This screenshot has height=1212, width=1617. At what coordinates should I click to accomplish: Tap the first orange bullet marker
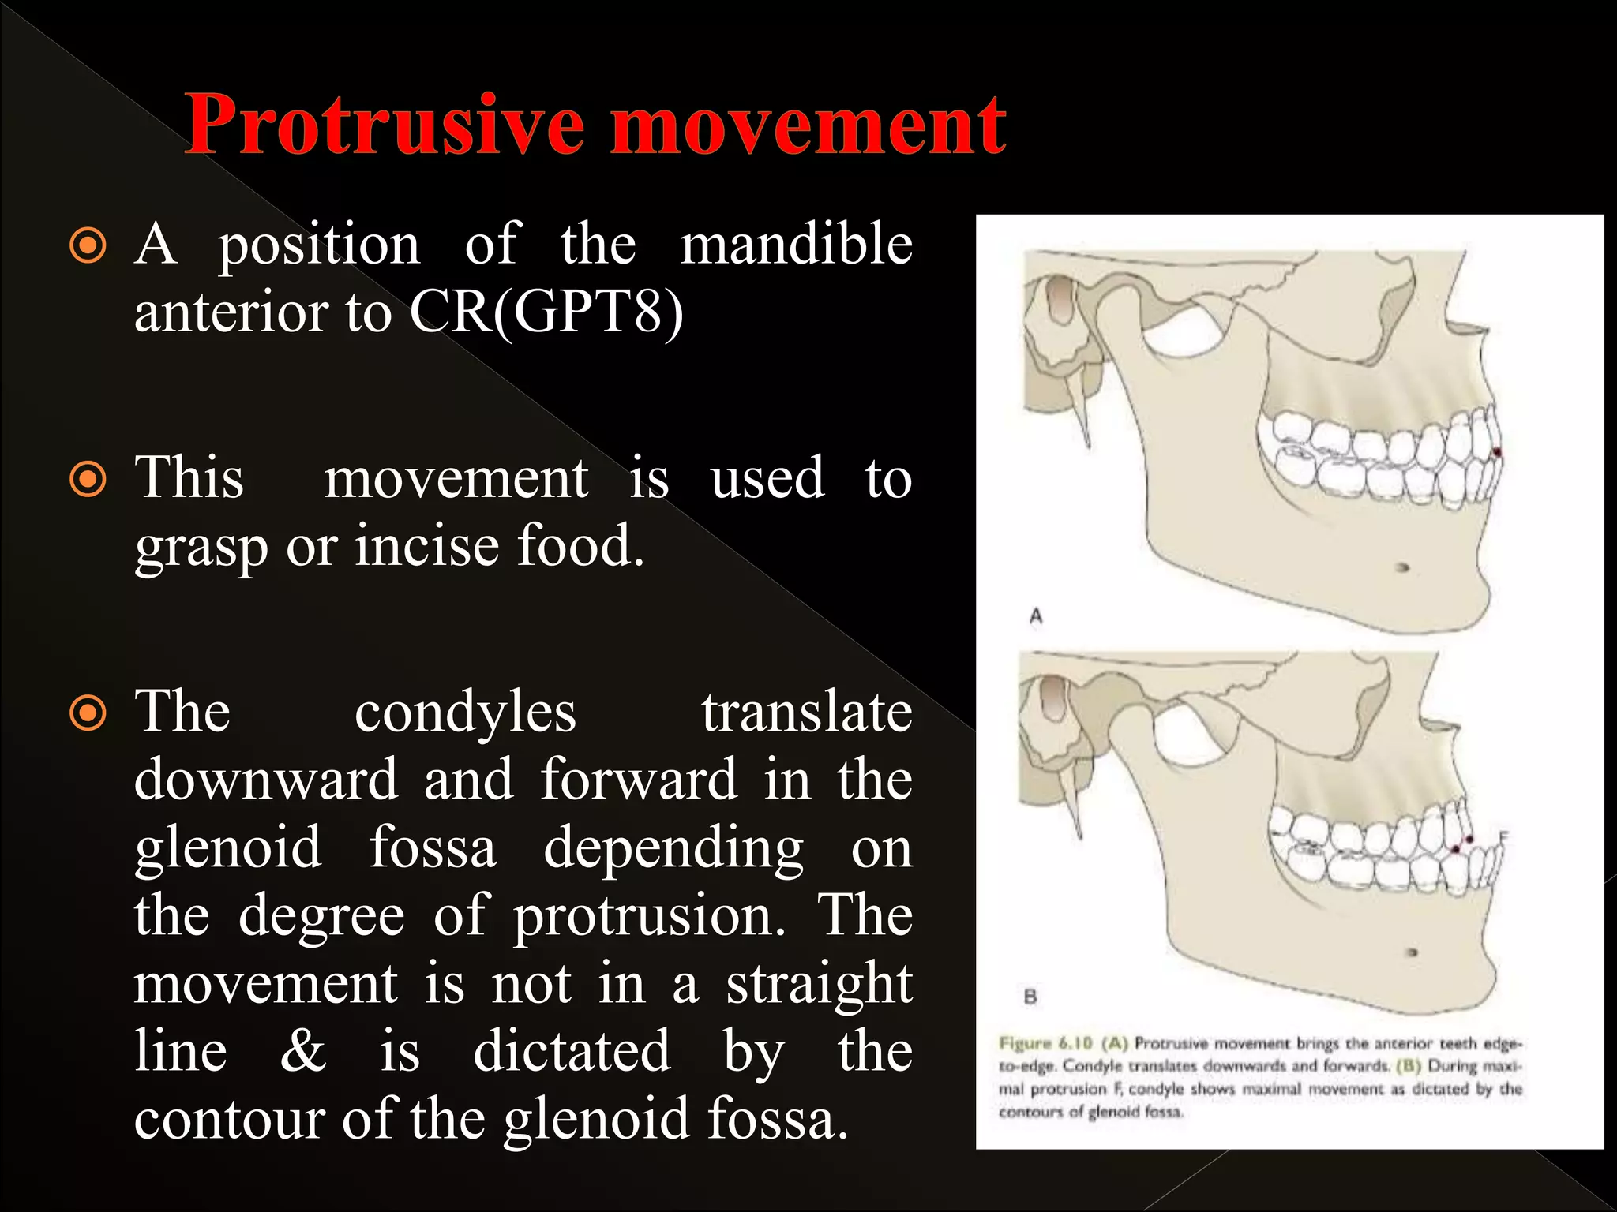click(88, 246)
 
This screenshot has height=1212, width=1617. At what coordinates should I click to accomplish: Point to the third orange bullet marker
click(88, 713)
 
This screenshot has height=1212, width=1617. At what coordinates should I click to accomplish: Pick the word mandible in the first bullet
click(796, 245)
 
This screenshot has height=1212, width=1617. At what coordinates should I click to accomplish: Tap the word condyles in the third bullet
click(465, 713)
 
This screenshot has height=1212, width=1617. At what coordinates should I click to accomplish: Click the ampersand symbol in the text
click(303, 1053)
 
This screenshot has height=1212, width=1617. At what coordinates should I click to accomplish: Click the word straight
click(819, 985)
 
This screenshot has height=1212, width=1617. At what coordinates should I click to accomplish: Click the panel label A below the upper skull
click(1036, 615)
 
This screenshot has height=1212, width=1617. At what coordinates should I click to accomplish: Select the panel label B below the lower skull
click(1030, 997)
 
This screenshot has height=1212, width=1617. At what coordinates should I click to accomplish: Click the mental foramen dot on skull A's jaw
click(1403, 567)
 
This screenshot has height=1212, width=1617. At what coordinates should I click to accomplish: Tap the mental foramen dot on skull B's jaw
click(1413, 952)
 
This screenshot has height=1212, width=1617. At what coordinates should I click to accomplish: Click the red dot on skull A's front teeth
click(1497, 452)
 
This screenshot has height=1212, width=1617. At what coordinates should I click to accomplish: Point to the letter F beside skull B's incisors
click(1503, 837)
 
